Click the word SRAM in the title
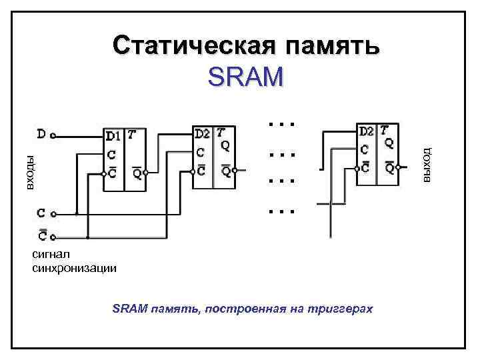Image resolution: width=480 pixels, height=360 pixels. [245, 77]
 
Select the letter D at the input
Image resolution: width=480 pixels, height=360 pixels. [41, 135]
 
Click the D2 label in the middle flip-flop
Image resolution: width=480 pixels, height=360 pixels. [203, 132]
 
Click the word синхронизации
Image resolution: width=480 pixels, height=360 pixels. [74, 268]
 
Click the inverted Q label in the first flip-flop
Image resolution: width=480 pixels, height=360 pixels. [136, 174]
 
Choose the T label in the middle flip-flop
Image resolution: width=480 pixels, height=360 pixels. [221, 131]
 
